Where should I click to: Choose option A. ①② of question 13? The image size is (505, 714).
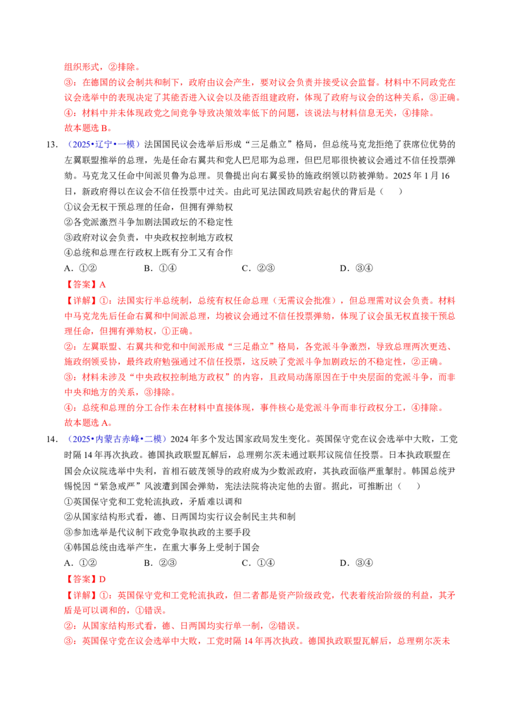[x=81, y=269]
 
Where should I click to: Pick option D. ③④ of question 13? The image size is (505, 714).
[x=357, y=269]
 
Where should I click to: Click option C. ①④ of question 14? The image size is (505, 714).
[x=258, y=563]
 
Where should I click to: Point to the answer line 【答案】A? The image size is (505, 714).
[x=85, y=285]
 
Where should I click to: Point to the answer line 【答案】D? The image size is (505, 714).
[x=85, y=580]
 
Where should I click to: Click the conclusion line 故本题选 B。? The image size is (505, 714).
[x=88, y=129]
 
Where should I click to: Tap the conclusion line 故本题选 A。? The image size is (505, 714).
[x=88, y=423]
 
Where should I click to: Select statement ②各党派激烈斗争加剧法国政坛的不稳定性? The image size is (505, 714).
[x=148, y=223]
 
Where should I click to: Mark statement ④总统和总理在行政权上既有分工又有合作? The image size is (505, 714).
[x=148, y=253]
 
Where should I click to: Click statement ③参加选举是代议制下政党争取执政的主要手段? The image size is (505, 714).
[x=158, y=532]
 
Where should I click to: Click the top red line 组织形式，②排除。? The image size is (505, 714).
[x=102, y=67]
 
